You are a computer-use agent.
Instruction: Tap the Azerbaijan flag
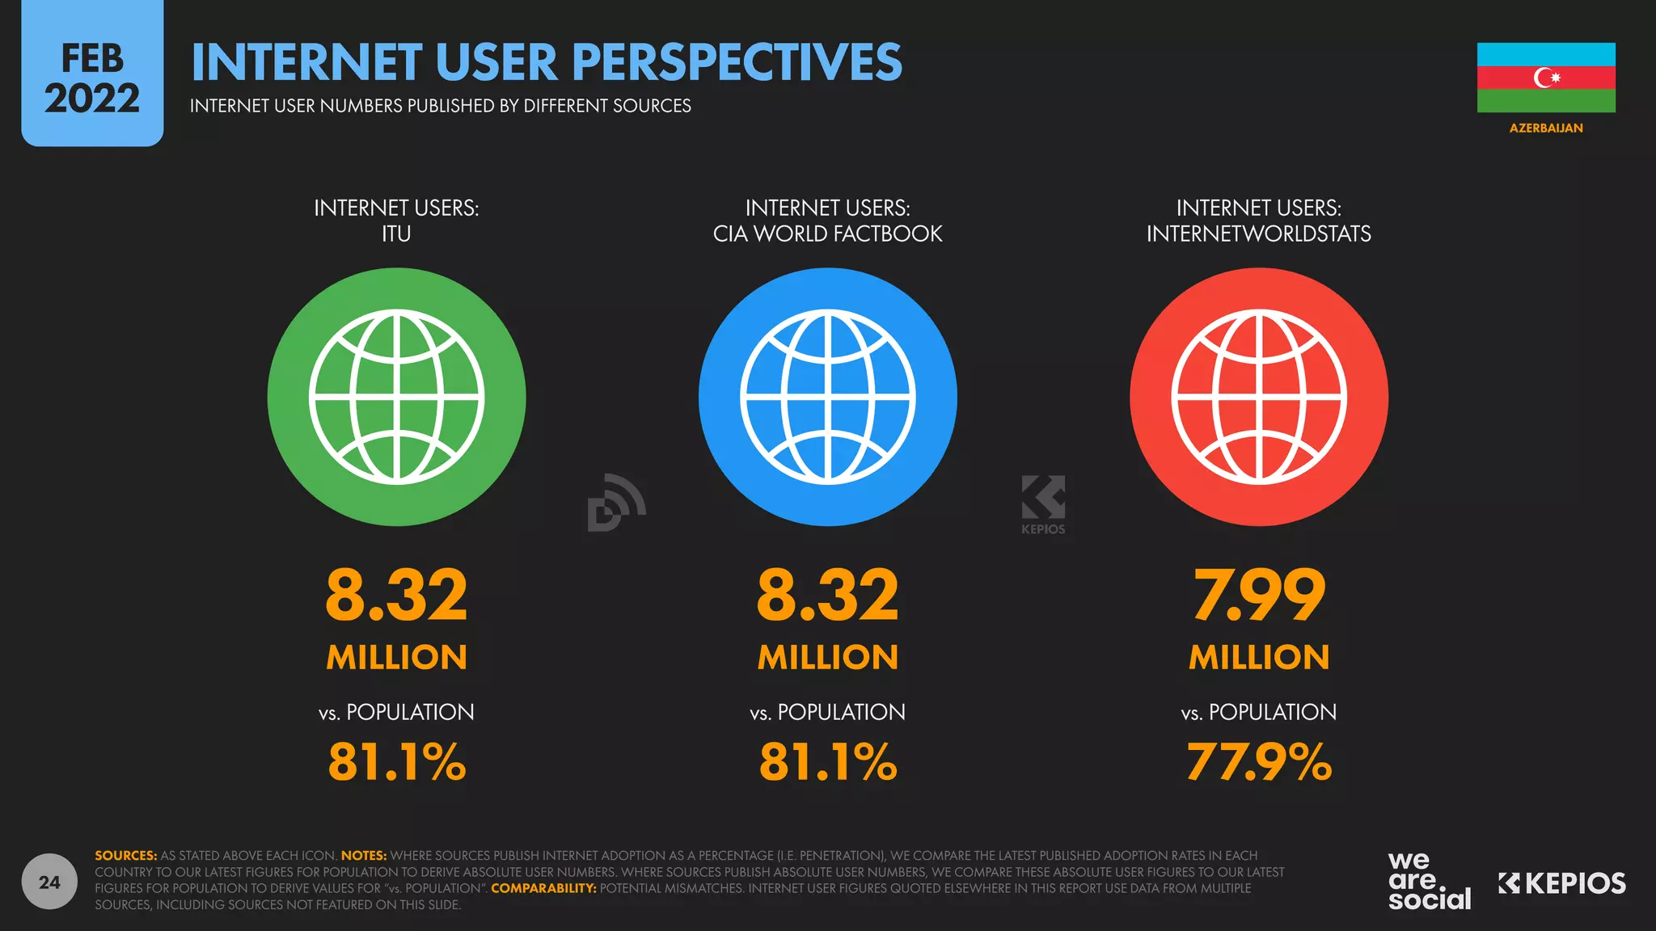(1545, 78)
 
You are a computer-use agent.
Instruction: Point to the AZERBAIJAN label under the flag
(1545, 128)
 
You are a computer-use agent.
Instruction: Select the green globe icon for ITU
(396, 397)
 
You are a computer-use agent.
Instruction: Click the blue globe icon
(827, 397)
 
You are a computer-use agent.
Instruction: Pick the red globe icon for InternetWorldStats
(1258, 397)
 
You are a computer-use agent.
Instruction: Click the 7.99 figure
(1258, 596)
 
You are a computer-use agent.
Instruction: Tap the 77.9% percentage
(1258, 762)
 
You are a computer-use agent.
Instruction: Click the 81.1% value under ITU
(396, 762)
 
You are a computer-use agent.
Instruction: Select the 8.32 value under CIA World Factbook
(827, 596)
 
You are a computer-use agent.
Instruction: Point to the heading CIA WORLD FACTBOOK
(827, 234)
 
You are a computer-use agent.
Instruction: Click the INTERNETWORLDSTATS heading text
(1258, 234)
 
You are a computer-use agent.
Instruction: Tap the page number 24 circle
(49, 882)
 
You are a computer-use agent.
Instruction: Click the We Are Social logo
(1429, 882)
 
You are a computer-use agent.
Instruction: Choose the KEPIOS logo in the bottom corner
(1561, 883)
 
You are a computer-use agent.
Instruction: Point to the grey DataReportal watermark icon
(616, 503)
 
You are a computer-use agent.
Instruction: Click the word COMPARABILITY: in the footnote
(543, 888)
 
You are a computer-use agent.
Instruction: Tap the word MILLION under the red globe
(1258, 658)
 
